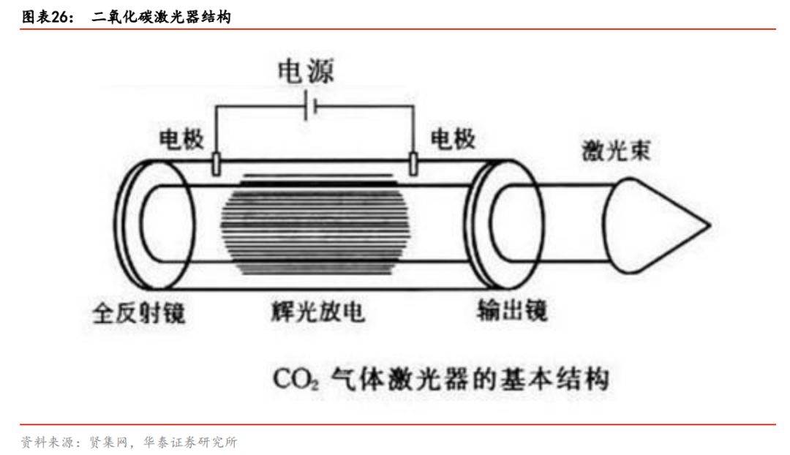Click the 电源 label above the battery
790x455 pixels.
[305, 72]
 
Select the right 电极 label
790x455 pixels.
[453, 139]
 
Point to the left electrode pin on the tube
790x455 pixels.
[216, 164]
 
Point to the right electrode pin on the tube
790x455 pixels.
[414, 164]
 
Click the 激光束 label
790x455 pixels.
[616, 151]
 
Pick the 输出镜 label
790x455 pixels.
[511, 312]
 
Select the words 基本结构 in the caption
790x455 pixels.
[558, 380]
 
